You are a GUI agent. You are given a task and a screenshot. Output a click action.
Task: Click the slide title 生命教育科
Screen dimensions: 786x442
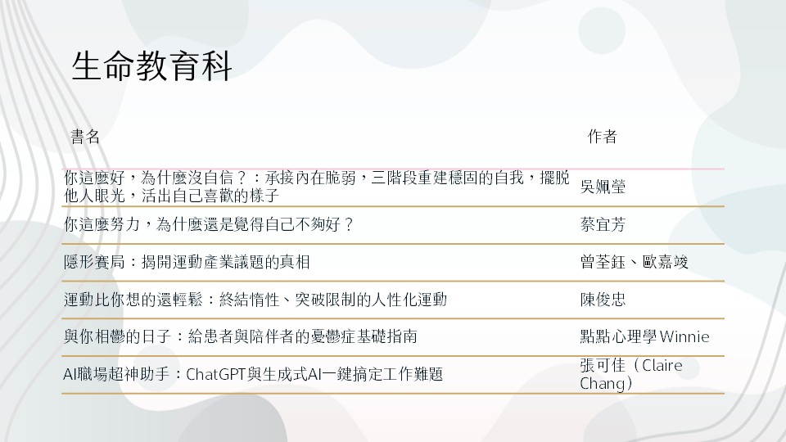click(x=151, y=66)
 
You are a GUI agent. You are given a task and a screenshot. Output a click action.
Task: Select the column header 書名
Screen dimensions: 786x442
click(x=85, y=137)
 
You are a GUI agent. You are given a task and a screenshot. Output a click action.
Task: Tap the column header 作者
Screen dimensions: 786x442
click(x=602, y=137)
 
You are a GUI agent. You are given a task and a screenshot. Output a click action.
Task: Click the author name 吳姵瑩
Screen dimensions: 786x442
click(x=603, y=187)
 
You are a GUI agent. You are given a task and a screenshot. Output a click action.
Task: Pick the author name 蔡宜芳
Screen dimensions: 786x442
click(x=603, y=224)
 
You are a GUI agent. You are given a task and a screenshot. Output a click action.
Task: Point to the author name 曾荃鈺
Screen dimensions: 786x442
click(x=603, y=262)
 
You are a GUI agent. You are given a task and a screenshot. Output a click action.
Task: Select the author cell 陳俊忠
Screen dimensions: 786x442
click(x=603, y=300)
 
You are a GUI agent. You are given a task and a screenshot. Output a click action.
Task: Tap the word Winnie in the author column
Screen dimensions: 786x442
click(x=684, y=336)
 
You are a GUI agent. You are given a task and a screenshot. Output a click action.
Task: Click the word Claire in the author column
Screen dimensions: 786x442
click(x=662, y=365)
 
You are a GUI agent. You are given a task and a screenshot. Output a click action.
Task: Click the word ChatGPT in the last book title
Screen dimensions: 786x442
click(x=215, y=374)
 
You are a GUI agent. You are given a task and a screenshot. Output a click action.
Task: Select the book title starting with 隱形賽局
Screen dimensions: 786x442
click(x=187, y=262)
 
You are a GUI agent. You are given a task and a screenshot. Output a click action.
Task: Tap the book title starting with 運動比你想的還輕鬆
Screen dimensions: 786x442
click(x=255, y=300)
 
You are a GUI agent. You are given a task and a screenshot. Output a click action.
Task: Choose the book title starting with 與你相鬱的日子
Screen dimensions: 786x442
click(x=241, y=336)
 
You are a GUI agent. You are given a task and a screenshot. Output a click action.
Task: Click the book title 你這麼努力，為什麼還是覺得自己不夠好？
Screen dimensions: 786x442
click(x=209, y=224)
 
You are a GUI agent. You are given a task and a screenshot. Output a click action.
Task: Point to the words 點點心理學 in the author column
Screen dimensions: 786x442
click(x=618, y=336)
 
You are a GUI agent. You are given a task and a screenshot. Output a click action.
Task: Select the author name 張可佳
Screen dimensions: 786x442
click(x=603, y=365)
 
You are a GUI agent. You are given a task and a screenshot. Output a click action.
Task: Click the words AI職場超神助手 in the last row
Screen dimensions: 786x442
click(x=116, y=374)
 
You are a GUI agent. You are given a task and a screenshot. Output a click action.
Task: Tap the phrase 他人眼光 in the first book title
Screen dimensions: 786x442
click(x=94, y=196)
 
